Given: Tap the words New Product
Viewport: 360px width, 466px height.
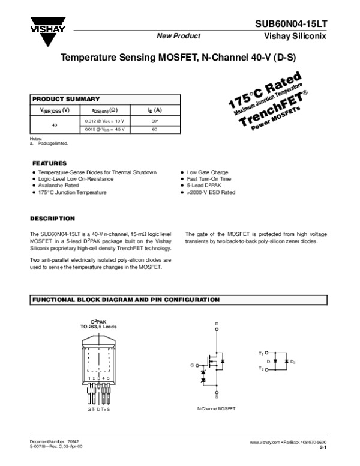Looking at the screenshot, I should (x=178, y=36).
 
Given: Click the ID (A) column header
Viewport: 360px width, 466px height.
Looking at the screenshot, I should (x=154, y=110).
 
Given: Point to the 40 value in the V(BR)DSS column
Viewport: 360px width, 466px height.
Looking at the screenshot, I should (x=55, y=125).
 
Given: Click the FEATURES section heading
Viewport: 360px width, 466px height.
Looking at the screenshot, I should (x=49, y=163).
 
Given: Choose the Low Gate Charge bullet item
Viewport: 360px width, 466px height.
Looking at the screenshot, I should (x=208, y=172).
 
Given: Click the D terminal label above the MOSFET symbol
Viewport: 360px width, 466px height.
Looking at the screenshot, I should (x=217, y=324).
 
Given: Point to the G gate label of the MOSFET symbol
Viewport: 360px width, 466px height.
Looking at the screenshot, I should (x=192, y=365).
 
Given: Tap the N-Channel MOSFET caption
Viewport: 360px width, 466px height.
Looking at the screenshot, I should (x=216, y=408).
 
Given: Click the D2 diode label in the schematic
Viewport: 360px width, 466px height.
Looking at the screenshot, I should (x=293, y=362).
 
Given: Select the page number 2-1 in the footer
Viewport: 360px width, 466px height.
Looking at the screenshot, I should (x=323, y=448).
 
